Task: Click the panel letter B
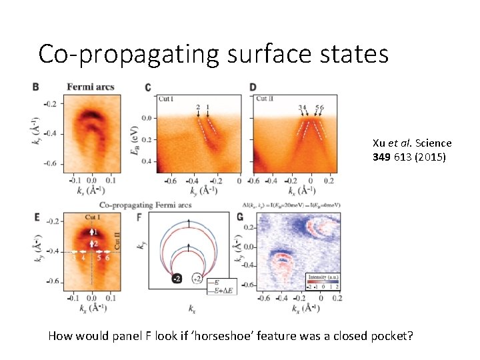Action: click(x=35, y=87)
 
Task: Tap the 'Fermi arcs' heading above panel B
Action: click(x=91, y=87)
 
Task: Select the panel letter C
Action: click(x=147, y=87)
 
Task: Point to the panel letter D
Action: click(x=253, y=87)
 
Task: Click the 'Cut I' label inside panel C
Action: click(x=166, y=99)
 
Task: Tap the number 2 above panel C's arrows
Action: click(x=198, y=107)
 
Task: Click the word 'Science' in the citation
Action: click(x=435, y=143)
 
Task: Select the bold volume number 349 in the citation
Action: click(x=383, y=157)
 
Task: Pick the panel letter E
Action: click(x=35, y=217)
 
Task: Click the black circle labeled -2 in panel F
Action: click(x=177, y=277)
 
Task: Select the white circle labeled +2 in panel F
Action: click(x=198, y=277)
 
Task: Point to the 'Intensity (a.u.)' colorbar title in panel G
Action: click(x=325, y=277)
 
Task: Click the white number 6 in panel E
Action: click(x=107, y=257)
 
